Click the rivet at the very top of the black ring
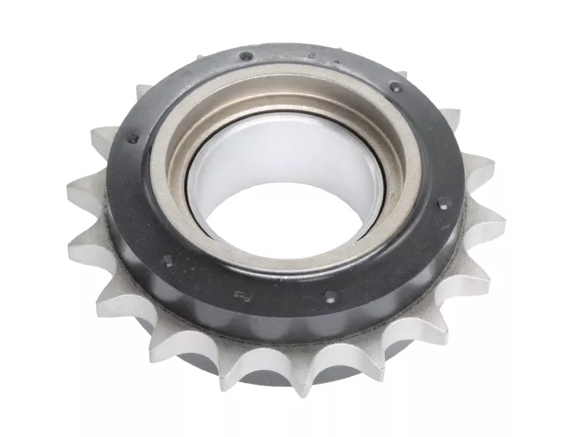tap(247, 56)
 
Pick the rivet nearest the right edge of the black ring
tap(442, 207)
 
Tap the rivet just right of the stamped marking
tap(330, 296)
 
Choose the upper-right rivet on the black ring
tap(396, 87)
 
